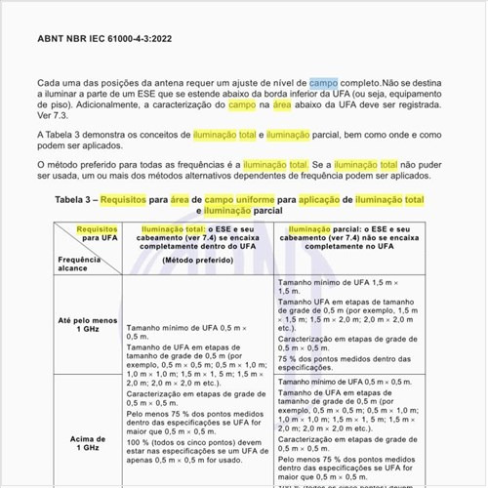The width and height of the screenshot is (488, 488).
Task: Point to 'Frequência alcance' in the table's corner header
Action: [78, 265]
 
